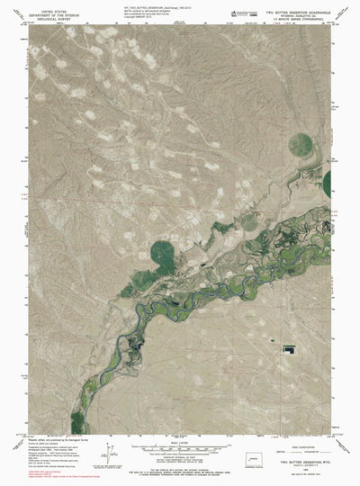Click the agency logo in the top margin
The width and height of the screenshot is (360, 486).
[x=246, y=12]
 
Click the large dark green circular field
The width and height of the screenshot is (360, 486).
[x=163, y=248]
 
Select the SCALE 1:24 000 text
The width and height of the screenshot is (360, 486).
[x=180, y=438]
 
